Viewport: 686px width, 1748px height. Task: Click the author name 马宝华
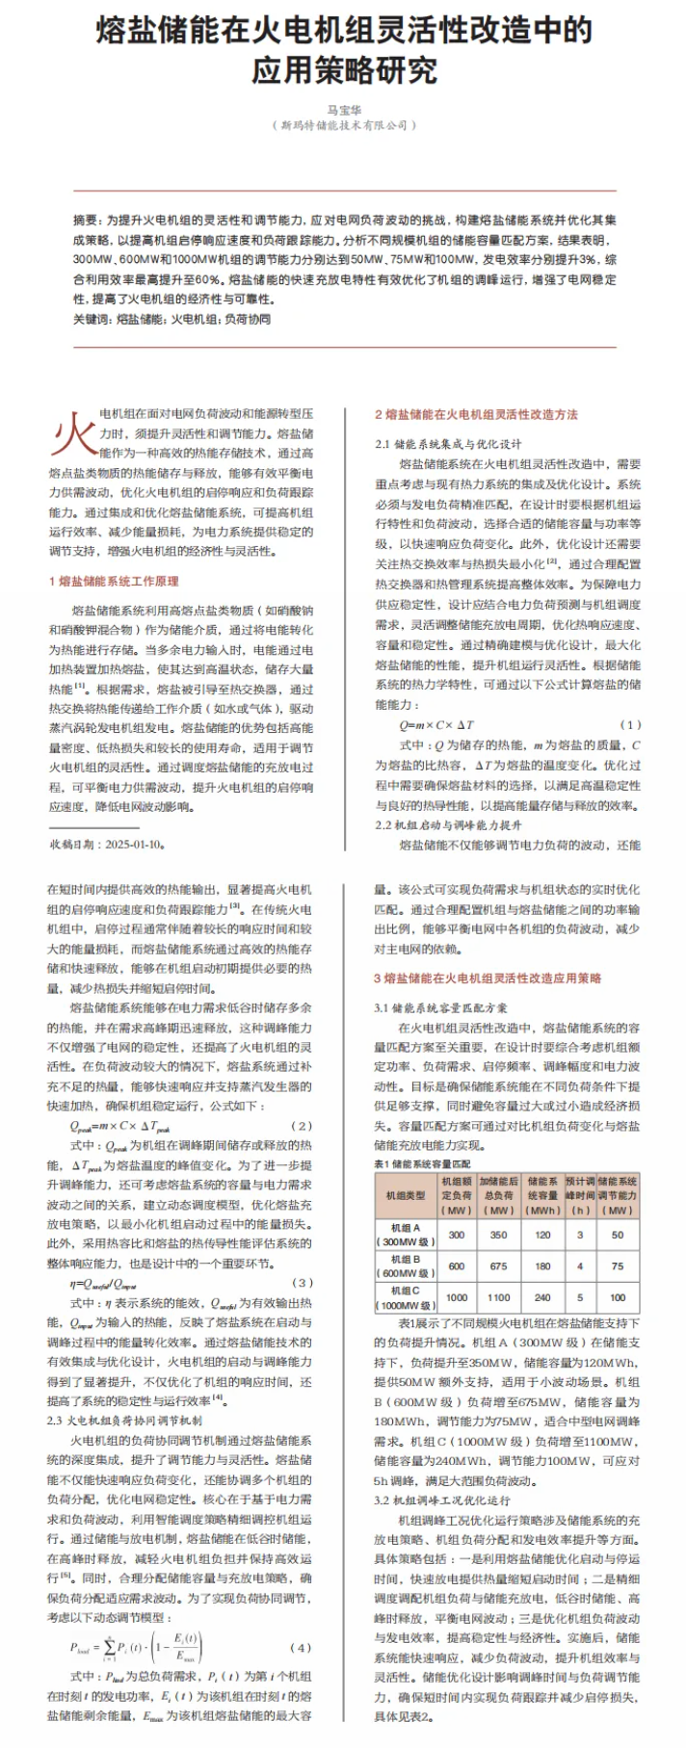343,109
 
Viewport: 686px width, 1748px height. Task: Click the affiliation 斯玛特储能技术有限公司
343,125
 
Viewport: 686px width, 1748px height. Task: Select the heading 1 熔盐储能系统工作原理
113,581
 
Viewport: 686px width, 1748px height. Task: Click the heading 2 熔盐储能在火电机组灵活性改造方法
476,414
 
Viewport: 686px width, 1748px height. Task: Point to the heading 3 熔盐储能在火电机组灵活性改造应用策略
488,978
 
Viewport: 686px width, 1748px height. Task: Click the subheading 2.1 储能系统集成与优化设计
448,444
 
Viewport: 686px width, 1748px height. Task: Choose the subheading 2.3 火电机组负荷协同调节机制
124,1421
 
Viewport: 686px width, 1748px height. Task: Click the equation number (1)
629,724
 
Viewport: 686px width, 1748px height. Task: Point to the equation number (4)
301,1648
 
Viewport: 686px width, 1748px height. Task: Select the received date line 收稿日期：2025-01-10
108,844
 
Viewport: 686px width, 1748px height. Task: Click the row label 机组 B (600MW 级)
406,1265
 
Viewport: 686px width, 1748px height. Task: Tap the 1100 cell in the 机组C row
498,1297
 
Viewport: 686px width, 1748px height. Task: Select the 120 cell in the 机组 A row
542,1234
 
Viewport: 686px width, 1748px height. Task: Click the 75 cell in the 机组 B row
617,1265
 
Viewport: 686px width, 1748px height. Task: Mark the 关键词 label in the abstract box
92,320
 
